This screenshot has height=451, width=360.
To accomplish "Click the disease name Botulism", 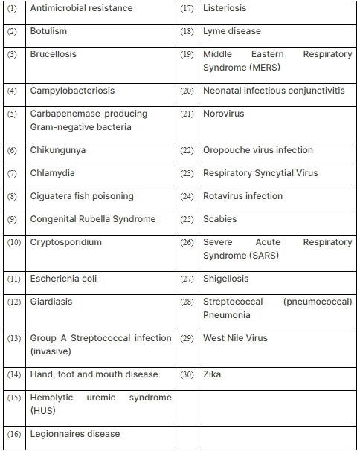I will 48,31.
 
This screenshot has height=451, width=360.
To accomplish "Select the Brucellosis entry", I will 53,54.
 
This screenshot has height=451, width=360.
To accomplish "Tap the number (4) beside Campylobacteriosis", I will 12,91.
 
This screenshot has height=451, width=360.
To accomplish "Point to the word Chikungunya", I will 58,150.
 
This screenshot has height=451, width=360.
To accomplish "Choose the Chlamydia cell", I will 52,173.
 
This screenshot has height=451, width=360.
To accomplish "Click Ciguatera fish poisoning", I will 82,196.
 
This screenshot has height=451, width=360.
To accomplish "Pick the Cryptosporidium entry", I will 66,242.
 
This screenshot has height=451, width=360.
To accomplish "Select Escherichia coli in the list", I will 63,279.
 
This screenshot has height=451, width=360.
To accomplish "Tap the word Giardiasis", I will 51,302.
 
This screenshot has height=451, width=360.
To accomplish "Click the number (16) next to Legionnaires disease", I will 13,434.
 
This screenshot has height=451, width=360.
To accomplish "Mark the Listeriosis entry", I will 225,8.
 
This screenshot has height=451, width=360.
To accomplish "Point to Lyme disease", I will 232,31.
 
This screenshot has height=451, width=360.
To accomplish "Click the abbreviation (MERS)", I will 272,68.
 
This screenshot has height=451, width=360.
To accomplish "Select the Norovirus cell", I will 223,114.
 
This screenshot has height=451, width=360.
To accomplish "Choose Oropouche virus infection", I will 258,150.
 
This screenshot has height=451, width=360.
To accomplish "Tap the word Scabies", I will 220,219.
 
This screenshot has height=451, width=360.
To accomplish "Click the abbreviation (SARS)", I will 271,256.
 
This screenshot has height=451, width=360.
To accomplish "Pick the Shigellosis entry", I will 226,279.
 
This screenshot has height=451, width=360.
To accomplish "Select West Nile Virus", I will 235,338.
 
